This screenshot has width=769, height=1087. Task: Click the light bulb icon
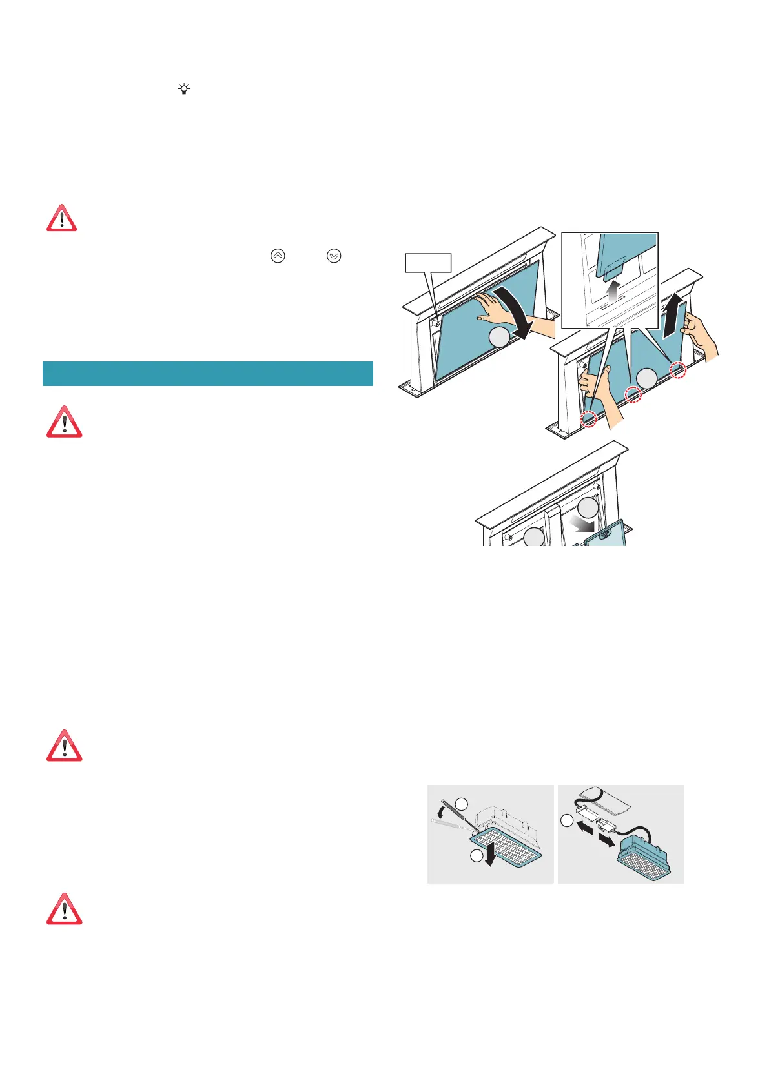pyautogui.click(x=185, y=89)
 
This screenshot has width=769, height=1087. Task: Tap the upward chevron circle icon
pyautogui.click(x=278, y=256)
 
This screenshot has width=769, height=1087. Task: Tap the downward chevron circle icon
pyautogui.click(x=334, y=256)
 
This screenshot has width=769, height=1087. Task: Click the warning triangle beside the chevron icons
pyautogui.click(x=61, y=218)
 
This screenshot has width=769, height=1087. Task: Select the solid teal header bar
pyautogui.click(x=207, y=373)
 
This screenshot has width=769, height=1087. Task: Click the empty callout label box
pyautogui.click(x=427, y=263)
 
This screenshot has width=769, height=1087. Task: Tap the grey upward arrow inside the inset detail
pyautogui.click(x=612, y=291)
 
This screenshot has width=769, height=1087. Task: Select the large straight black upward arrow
pyautogui.click(x=674, y=316)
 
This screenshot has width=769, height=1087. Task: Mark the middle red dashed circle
pyautogui.click(x=633, y=394)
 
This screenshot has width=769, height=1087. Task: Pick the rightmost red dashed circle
pyautogui.click(x=678, y=370)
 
